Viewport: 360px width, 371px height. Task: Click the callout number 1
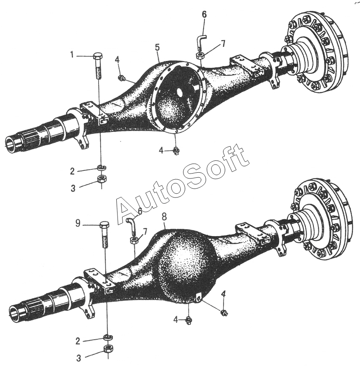point(73,54)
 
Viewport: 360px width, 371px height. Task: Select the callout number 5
point(157,47)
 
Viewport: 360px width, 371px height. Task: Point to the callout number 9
point(78,224)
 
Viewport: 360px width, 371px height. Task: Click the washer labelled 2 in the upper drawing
point(100,167)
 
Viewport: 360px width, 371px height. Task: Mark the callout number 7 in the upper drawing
point(223,43)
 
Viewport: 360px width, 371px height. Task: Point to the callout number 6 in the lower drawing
point(139,211)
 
